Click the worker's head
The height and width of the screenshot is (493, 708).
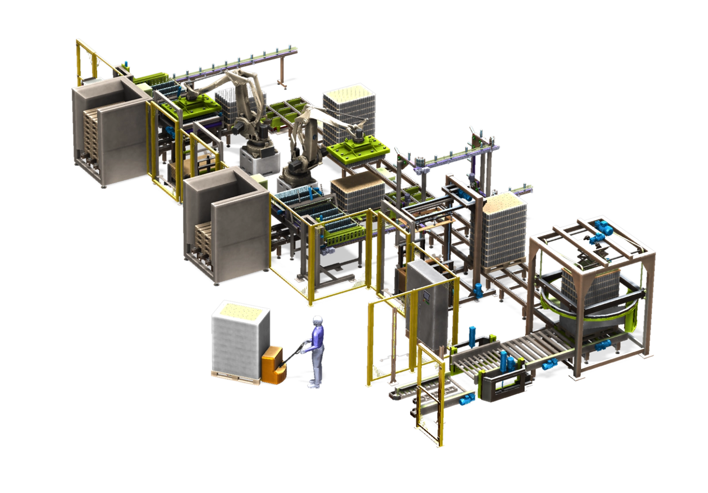pyautogui.click(x=318, y=322)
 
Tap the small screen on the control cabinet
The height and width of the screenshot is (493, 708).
pyautogui.click(x=427, y=299)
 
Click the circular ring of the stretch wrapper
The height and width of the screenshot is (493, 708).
pyautogui.click(x=589, y=310)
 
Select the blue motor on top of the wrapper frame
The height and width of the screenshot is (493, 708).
pyautogui.click(x=602, y=226)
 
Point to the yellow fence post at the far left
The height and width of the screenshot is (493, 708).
pyautogui.click(x=80, y=62)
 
